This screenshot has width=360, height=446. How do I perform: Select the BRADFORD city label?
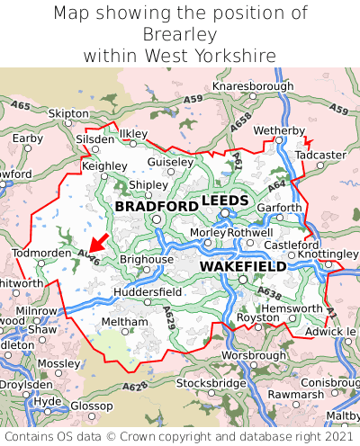click(x=157, y=207)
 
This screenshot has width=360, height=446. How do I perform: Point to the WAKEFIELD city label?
click(x=243, y=267)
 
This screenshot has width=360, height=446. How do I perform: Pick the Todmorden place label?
click(x=41, y=254)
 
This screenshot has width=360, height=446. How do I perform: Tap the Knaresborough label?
click(x=253, y=86)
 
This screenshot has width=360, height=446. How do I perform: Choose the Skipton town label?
click(x=68, y=114)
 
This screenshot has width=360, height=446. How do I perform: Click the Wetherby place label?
click(x=279, y=131)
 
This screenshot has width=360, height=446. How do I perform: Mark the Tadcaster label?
click(x=320, y=155)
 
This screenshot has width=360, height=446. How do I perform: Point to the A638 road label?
click(x=268, y=292)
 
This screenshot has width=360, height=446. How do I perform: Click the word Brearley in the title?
click(x=180, y=34)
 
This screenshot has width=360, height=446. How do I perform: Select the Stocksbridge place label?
click(x=211, y=384)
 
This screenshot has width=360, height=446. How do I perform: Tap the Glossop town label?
click(x=92, y=406)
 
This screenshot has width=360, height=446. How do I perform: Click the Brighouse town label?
click(x=146, y=259)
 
